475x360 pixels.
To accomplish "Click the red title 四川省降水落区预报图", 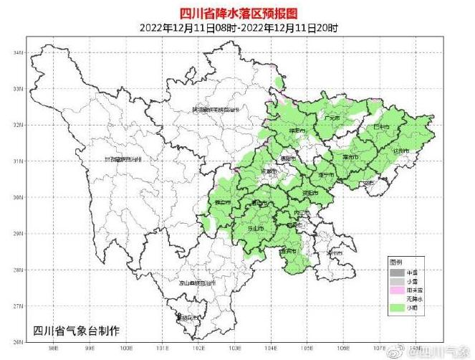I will [x=238, y=12].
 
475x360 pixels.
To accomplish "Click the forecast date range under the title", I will [x=238, y=27].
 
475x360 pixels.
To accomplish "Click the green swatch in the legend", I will [x=397, y=308].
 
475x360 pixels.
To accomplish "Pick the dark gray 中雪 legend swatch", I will [x=397, y=273].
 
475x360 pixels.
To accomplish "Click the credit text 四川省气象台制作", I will [x=77, y=330].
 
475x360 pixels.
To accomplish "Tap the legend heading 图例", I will [x=395, y=262].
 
